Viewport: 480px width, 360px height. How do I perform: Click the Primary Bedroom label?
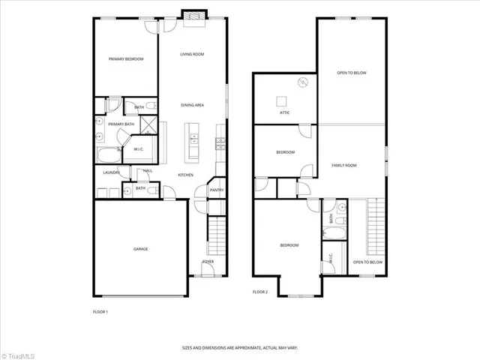[x=125, y=59]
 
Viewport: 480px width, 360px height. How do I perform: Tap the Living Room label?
[x=192, y=55]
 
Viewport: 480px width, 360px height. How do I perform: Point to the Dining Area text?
[x=192, y=105]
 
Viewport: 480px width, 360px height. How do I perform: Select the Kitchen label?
[x=185, y=175]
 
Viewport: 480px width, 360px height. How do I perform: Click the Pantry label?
[x=217, y=190]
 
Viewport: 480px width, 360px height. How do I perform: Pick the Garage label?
[x=140, y=248]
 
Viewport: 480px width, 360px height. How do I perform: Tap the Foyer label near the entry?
[x=208, y=262]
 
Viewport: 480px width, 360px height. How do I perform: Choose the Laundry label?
[x=111, y=172]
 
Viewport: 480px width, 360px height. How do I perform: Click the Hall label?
[x=148, y=171]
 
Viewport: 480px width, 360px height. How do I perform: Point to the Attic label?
[x=284, y=112]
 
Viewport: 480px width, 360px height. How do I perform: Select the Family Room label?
[x=345, y=165]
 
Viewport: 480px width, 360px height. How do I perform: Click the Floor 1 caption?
[x=100, y=311]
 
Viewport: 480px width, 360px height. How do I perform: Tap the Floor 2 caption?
[x=259, y=291]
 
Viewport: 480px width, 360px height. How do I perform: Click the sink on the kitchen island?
[x=193, y=139]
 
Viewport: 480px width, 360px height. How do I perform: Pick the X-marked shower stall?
[x=147, y=125]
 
